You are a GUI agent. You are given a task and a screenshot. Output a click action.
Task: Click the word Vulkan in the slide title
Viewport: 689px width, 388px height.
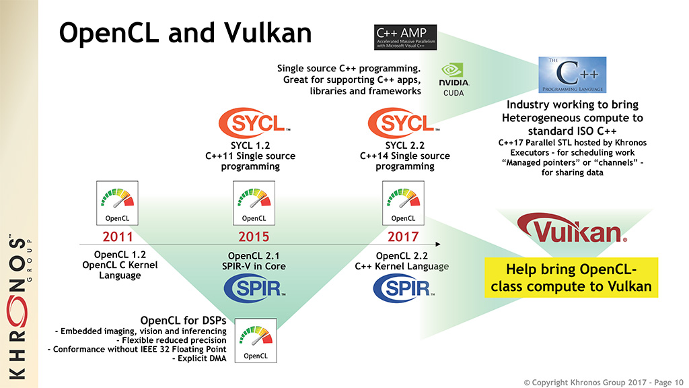(266, 33)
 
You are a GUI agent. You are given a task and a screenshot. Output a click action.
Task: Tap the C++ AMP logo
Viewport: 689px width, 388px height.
(405, 38)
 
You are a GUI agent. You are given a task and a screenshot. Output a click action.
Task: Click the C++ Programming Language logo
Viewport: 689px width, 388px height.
(573, 75)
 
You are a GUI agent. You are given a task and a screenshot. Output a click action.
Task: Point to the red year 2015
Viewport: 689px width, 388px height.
(254, 236)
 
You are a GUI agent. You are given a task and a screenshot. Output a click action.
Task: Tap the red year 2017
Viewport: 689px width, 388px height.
(403, 236)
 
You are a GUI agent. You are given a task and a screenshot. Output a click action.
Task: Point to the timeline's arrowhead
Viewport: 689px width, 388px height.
(439, 243)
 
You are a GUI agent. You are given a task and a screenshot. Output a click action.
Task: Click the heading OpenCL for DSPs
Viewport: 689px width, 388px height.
(183, 320)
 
